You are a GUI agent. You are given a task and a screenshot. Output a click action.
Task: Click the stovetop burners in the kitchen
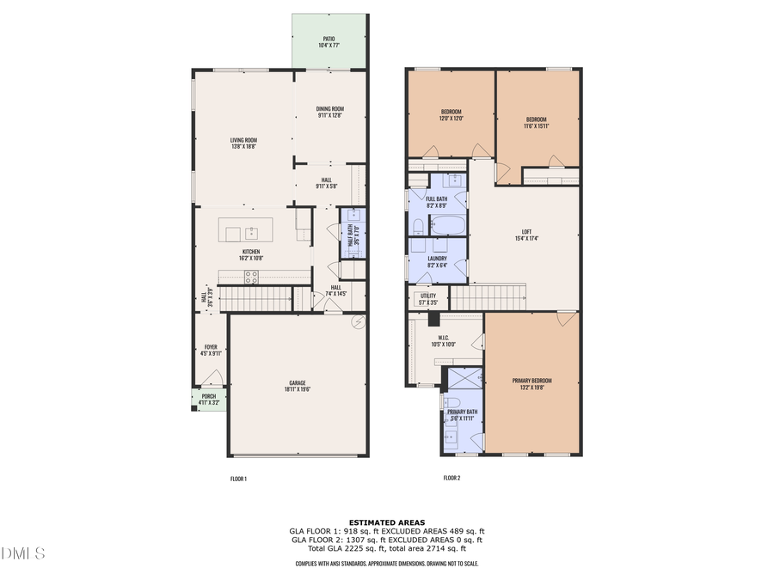click(251, 277)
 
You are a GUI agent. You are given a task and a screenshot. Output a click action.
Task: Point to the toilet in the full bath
click(417, 226)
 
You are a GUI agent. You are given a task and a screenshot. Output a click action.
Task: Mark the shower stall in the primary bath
click(465, 379)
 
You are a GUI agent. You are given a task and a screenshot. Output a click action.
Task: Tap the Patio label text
click(329, 39)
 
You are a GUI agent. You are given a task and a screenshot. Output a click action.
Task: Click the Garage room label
click(298, 382)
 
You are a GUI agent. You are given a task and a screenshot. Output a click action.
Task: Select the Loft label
click(526, 231)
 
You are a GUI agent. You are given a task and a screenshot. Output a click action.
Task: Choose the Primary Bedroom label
click(531, 381)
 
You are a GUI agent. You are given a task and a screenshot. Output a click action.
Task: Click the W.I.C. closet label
click(445, 337)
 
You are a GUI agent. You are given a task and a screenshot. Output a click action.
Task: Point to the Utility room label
click(427, 296)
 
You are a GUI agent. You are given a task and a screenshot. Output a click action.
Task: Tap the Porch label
click(208, 396)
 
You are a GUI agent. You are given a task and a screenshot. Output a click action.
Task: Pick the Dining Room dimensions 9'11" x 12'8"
click(331, 115)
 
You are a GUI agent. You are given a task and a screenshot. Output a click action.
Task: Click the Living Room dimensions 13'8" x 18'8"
click(243, 147)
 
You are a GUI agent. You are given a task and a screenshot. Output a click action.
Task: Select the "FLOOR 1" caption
click(238, 478)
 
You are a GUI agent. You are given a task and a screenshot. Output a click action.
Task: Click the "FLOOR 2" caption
click(451, 478)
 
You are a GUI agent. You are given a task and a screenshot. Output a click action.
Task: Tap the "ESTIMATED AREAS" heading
click(386, 522)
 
